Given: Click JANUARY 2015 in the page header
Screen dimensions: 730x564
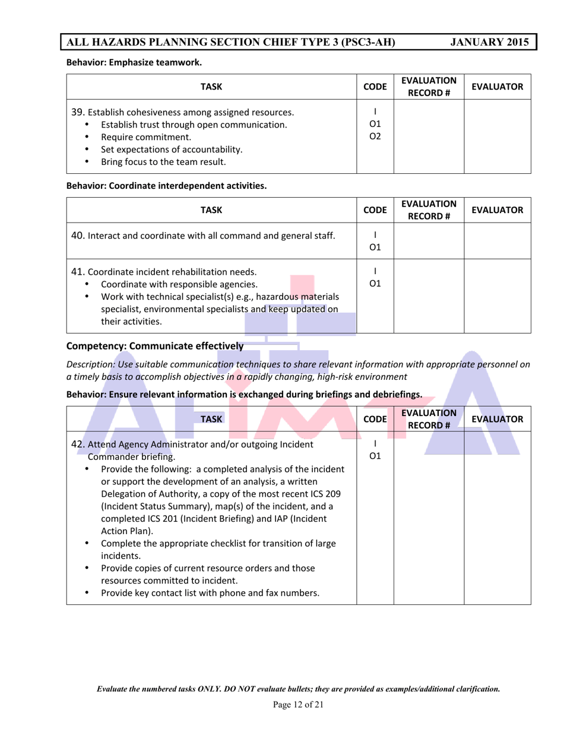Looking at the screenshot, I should (489, 42).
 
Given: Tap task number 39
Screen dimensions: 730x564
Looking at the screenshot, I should (78, 112).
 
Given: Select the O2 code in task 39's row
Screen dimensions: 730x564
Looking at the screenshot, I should (375, 137).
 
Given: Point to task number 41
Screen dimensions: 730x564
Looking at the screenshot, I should (78, 272).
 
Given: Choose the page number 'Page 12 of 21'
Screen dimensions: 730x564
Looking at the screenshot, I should (298, 705).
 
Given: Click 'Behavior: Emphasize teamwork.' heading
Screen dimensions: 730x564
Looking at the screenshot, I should (134, 62).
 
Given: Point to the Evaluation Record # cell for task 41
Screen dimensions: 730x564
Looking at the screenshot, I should (429, 297).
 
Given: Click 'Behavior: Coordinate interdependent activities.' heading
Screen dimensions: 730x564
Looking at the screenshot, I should (166, 186).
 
